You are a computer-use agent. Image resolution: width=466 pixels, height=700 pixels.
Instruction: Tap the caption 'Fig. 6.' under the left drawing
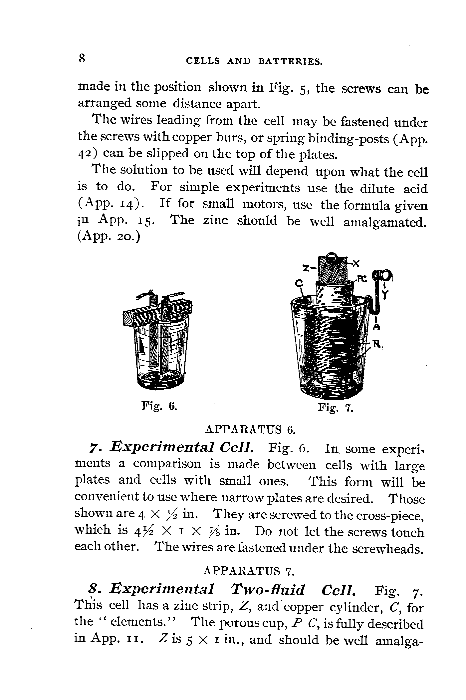[159, 406]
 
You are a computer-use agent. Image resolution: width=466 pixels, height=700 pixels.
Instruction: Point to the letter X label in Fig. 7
[356, 263]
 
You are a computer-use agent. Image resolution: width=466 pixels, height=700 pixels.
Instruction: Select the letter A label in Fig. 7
[376, 326]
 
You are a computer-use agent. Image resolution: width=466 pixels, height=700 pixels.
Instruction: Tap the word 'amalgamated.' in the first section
[385, 222]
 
